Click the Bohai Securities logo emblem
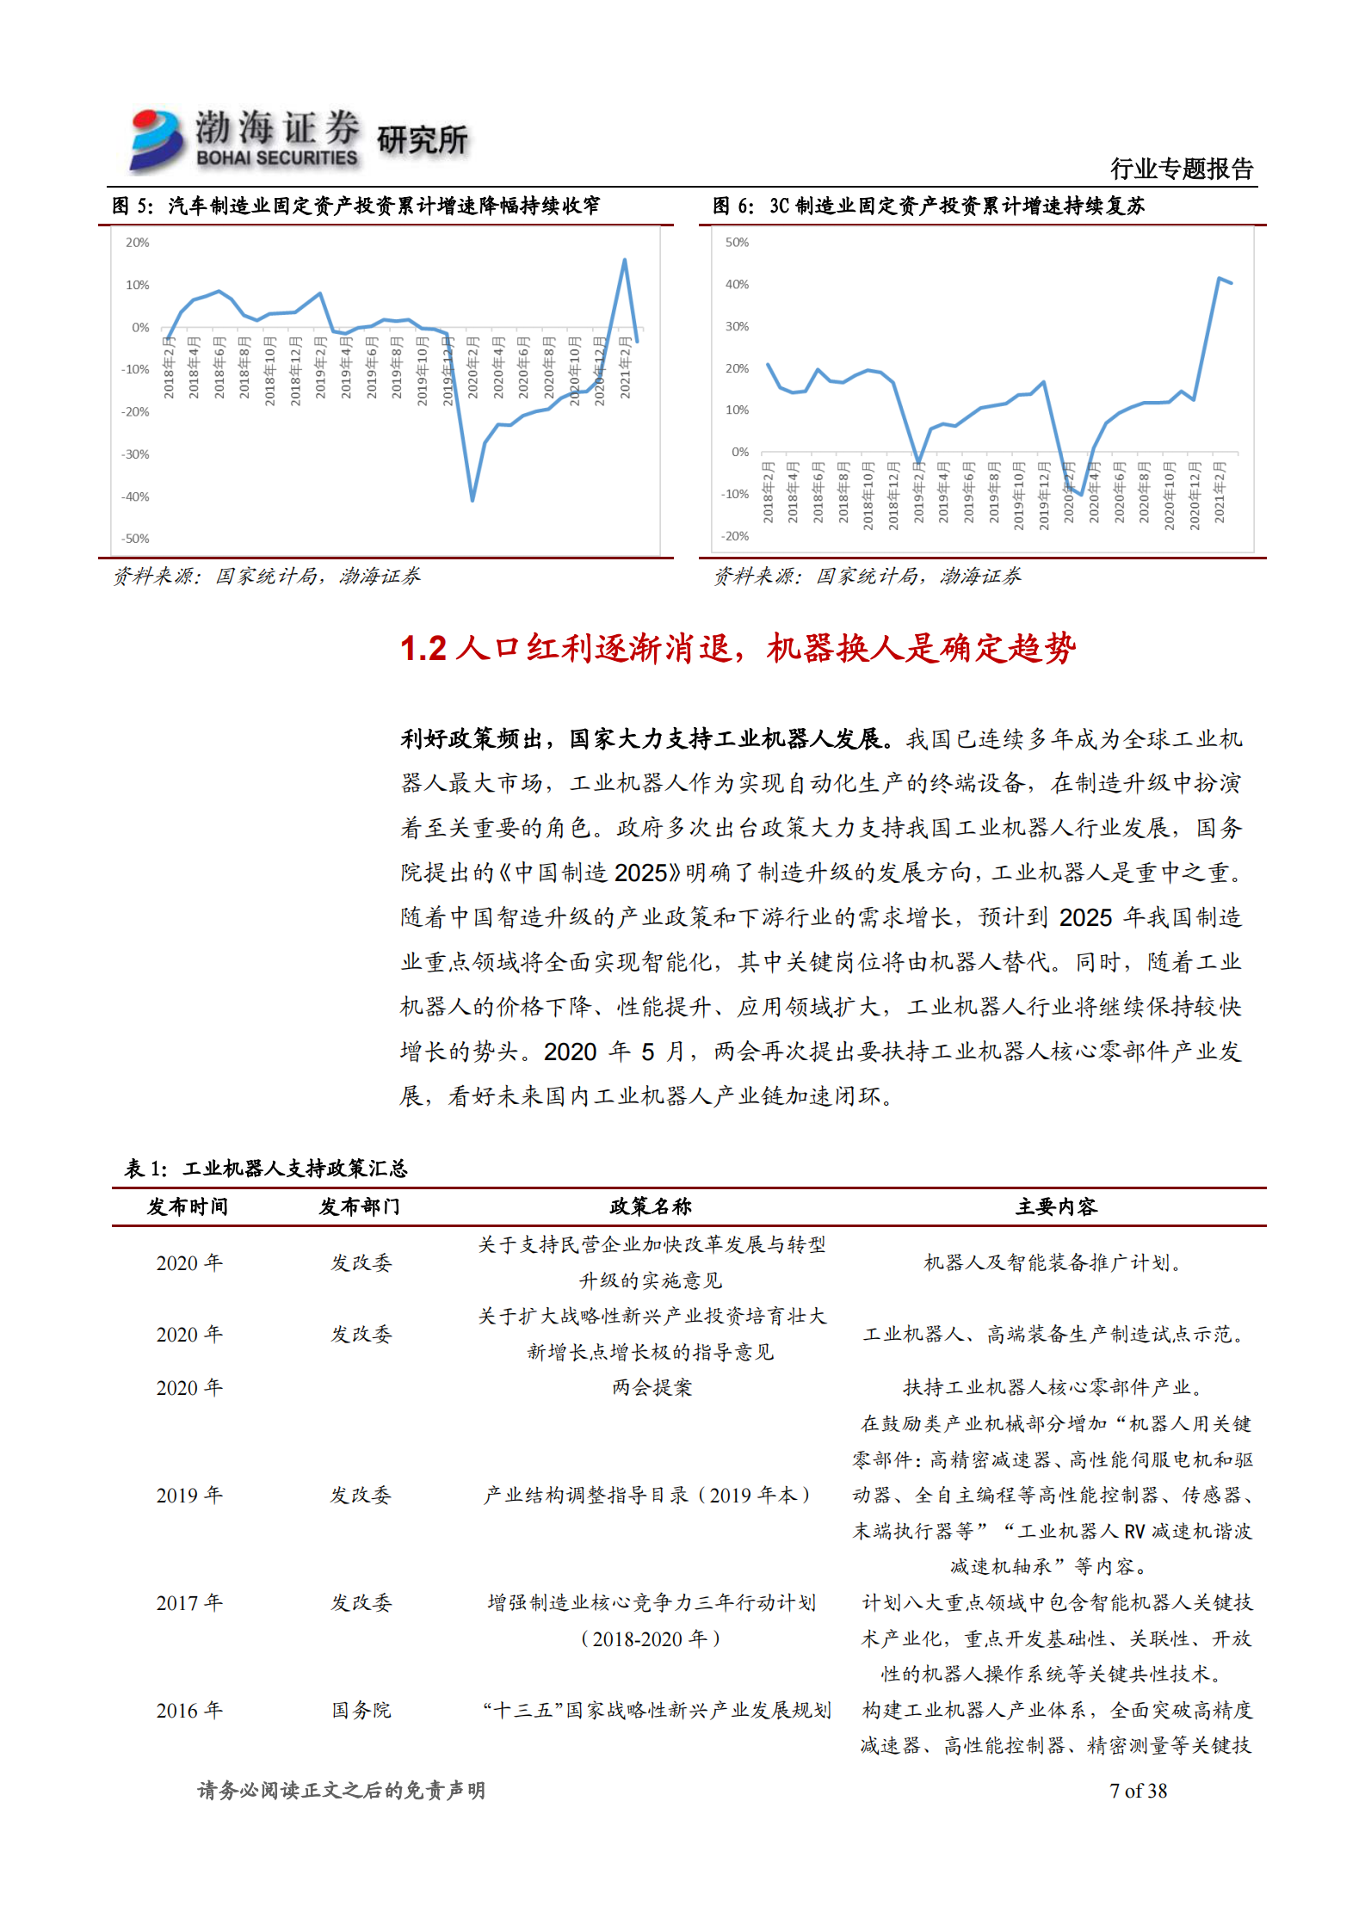point(157,139)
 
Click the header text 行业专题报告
point(1181,169)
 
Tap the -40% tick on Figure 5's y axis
point(135,497)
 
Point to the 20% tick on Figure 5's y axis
point(138,243)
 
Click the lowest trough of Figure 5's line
point(472,500)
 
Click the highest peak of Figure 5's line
point(624,260)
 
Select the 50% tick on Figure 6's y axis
point(737,243)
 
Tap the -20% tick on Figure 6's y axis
point(735,536)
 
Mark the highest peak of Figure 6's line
point(1219,278)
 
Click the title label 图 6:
point(733,207)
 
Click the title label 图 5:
point(133,207)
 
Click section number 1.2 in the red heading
point(423,649)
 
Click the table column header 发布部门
point(360,1207)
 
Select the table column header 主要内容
point(1056,1207)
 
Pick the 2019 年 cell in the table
point(189,1496)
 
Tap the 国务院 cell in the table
point(361,1711)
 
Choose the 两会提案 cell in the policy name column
point(652,1388)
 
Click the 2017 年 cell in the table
point(189,1603)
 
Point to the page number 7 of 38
point(1138,1791)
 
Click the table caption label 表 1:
point(146,1169)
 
